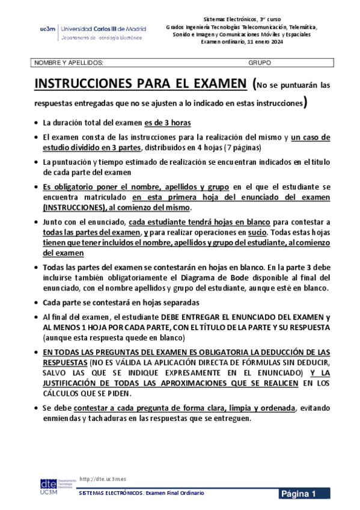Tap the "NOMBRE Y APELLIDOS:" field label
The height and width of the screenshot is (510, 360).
point(69,63)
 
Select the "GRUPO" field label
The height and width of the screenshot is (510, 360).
point(260,63)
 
